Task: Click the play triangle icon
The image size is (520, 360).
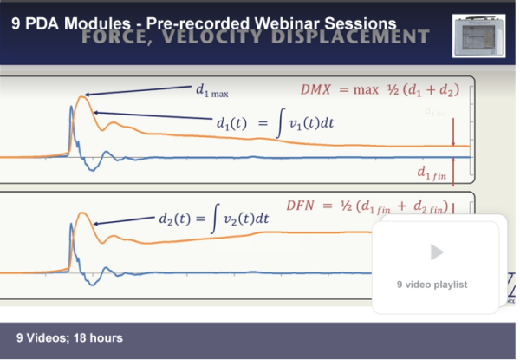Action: (x=437, y=252)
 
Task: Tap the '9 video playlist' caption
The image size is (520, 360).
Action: (x=432, y=284)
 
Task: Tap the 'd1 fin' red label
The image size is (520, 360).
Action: (x=434, y=174)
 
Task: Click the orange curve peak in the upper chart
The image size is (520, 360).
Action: (x=82, y=97)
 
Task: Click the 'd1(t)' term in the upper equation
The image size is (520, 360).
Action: (x=237, y=123)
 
